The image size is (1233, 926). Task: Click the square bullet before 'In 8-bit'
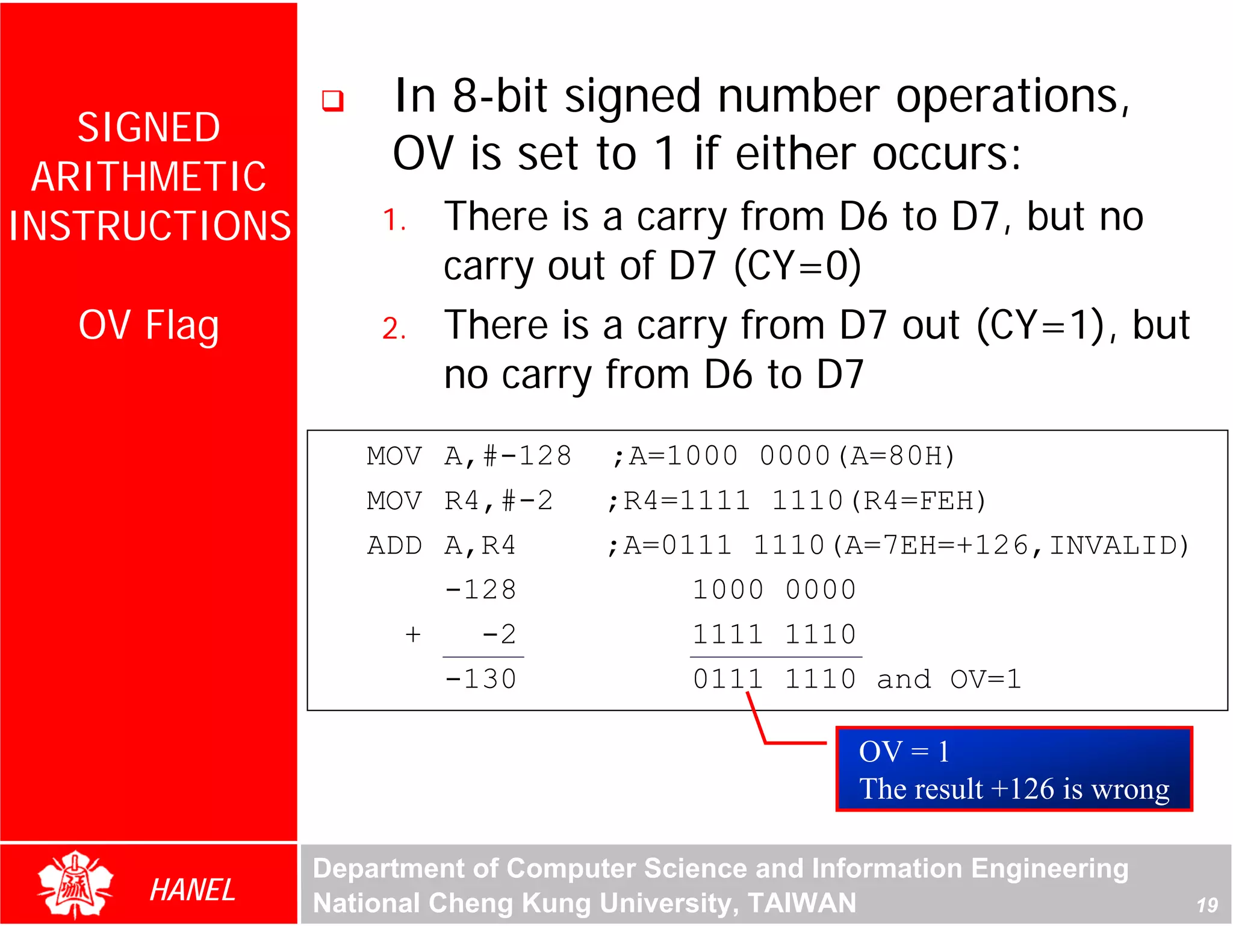coord(332,101)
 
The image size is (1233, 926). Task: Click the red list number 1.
coord(394,220)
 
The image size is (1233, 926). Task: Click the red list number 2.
coord(394,329)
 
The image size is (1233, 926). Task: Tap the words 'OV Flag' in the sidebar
coord(148,325)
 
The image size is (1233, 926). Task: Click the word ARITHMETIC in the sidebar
coord(148,177)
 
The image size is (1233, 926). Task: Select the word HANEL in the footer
coord(192,890)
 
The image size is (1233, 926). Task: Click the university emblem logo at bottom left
coord(75,884)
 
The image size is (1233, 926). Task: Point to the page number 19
coord(1207,905)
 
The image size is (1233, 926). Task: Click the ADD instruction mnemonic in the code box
coord(394,546)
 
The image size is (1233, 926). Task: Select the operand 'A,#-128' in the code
coord(508,456)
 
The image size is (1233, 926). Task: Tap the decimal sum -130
coord(480,680)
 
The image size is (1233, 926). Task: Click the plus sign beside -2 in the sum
coord(412,634)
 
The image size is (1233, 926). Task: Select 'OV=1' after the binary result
coord(986,680)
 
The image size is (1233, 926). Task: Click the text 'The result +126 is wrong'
coord(1014,789)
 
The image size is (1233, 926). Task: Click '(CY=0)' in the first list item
coord(798,266)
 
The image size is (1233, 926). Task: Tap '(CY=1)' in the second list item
coord(1040,325)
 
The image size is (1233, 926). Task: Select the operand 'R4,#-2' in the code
coord(498,501)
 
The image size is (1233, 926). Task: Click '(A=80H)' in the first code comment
coord(896,456)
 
